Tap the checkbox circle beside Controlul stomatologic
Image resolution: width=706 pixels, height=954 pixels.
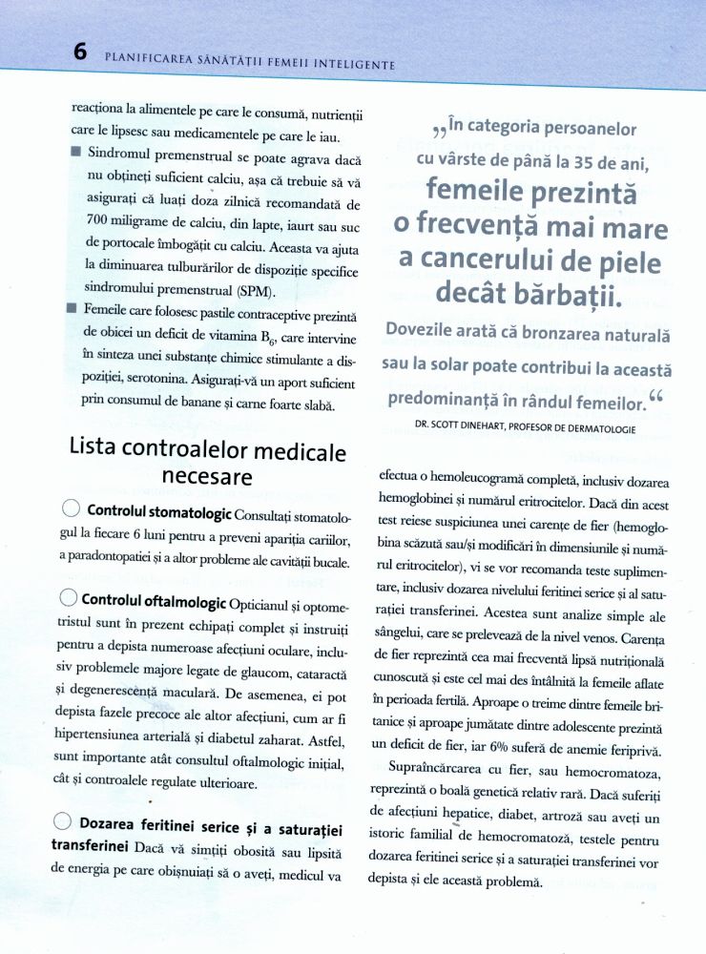tap(70, 510)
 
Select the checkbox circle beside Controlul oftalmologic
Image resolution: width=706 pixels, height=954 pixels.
tap(69, 599)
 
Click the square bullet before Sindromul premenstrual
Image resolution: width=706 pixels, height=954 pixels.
tap(75, 152)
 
